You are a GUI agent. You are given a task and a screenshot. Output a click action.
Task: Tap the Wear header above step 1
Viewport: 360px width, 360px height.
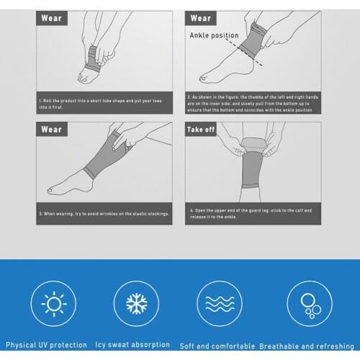click(x=52, y=18)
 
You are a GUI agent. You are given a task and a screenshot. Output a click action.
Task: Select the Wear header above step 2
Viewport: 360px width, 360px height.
click(x=201, y=18)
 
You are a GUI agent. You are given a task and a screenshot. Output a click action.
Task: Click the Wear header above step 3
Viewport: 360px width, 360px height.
click(x=52, y=130)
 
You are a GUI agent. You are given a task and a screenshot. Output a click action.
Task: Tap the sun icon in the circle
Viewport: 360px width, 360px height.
click(x=54, y=303)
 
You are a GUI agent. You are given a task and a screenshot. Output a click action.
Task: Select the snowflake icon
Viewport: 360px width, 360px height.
click(x=137, y=303)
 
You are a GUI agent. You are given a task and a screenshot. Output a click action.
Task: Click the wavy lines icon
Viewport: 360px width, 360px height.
click(x=217, y=303)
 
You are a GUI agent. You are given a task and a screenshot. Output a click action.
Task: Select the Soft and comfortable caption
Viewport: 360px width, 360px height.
click(x=217, y=345)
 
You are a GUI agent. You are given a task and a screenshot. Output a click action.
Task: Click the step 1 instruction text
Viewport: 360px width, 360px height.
click(x=101, y=102)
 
